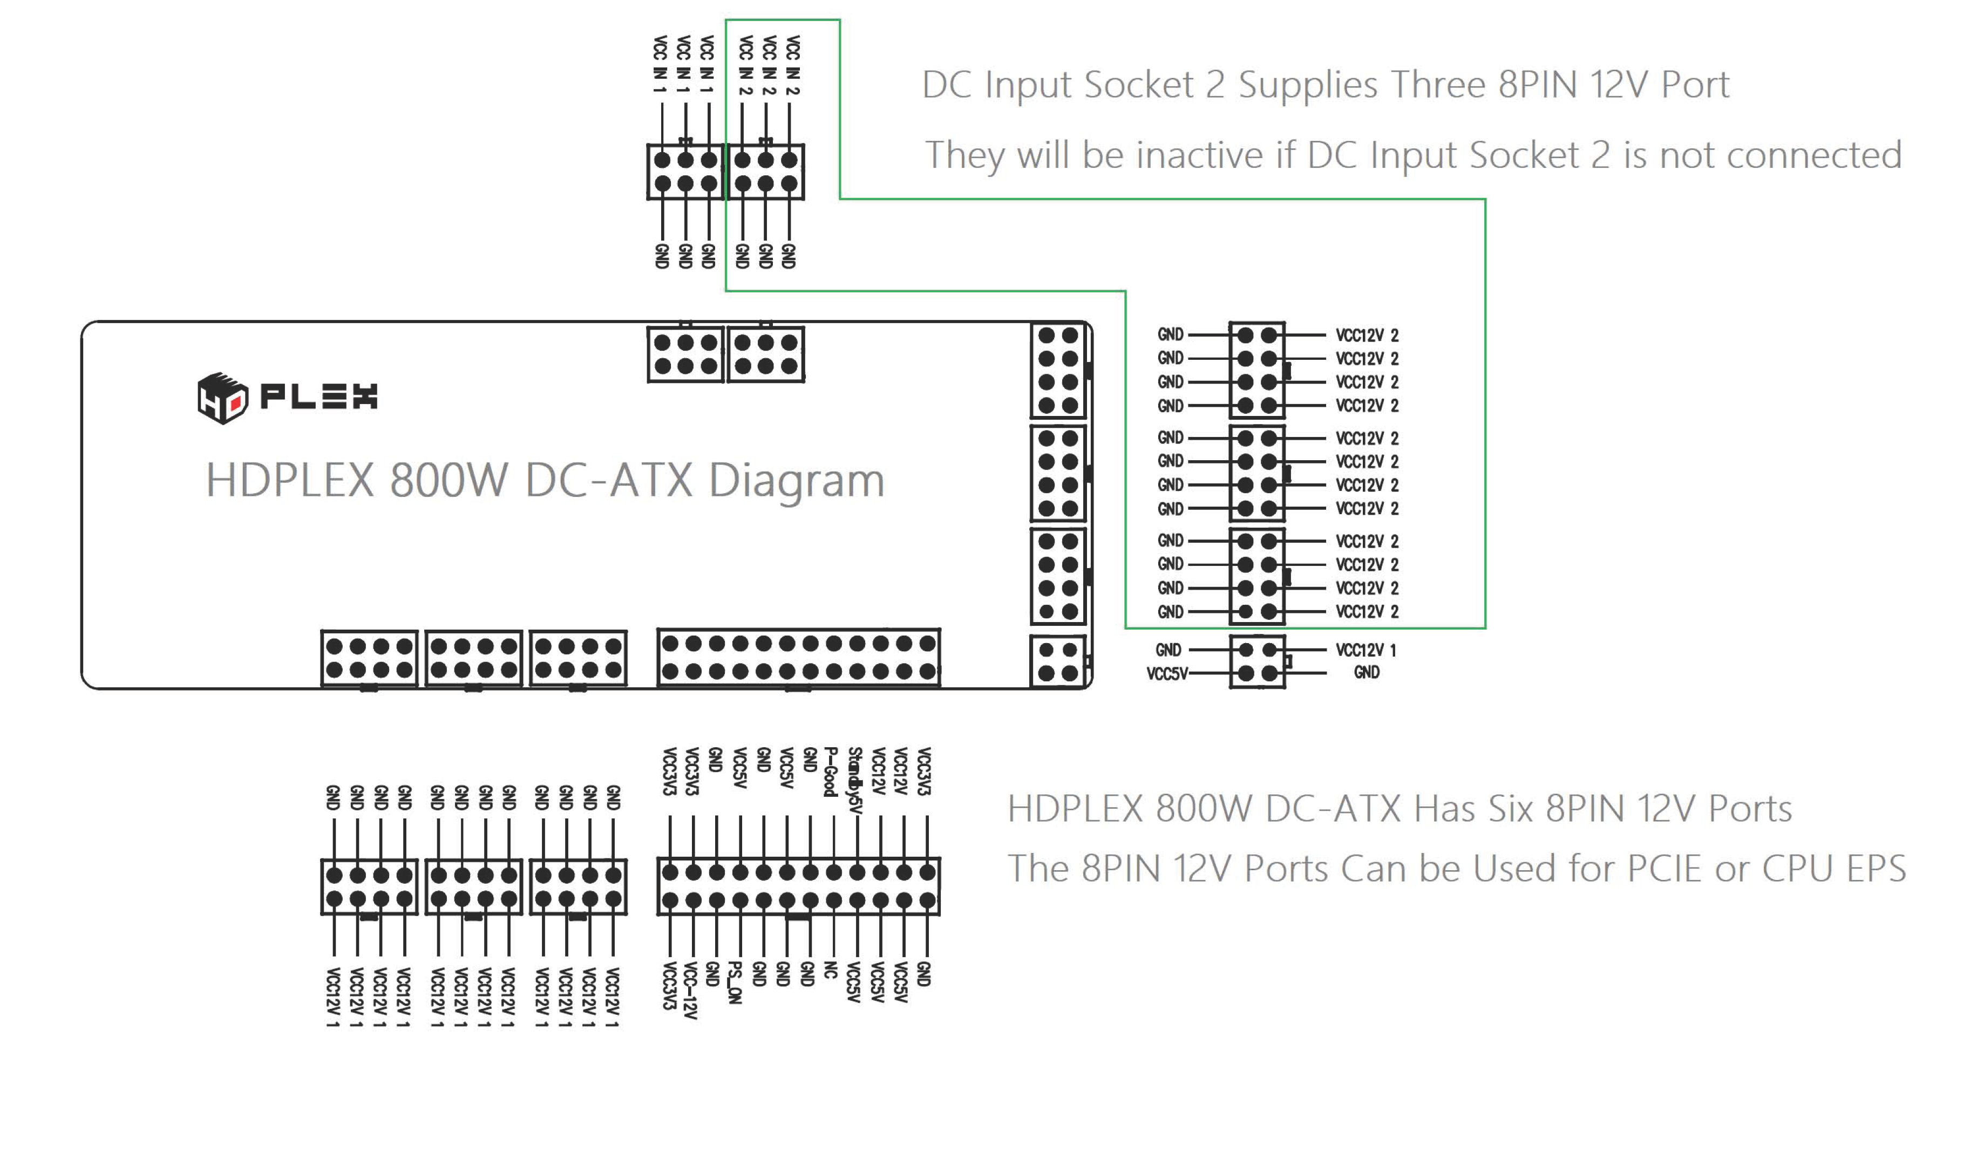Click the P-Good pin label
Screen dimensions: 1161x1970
click(831, 771)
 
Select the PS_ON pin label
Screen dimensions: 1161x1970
click(734, 982)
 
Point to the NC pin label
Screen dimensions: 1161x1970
click(831, 971)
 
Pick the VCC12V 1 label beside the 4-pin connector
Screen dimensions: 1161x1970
click(1366, 650)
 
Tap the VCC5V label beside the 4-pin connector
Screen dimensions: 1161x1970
click(1167, 674)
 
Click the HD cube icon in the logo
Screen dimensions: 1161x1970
click(222, 398)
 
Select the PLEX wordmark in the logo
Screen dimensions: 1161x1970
click(318, 397)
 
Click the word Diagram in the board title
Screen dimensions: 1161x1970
click(796, 480)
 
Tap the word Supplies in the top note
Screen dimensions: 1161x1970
click(1307, 85)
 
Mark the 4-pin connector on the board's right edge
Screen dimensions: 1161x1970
click(1058, 661)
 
